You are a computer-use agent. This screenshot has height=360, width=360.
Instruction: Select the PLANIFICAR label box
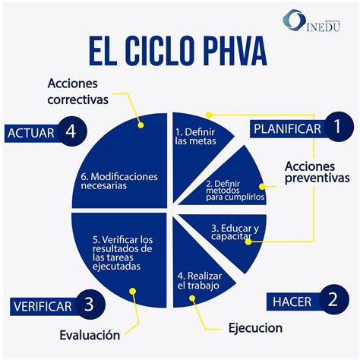pos(287,128)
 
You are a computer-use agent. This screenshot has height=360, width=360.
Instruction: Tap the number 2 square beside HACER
pos(332,300)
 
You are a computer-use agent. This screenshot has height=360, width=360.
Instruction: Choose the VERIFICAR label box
pos(43,307)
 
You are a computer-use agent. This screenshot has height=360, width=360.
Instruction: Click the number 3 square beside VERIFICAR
pos(89,306)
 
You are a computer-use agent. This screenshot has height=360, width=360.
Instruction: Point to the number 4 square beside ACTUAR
pos(71,132)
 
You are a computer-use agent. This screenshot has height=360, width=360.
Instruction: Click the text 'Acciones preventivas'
pos(317,172)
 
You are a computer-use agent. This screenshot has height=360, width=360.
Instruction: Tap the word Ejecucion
pos(255,329)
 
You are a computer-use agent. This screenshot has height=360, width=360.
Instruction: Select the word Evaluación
pos(90,334)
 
